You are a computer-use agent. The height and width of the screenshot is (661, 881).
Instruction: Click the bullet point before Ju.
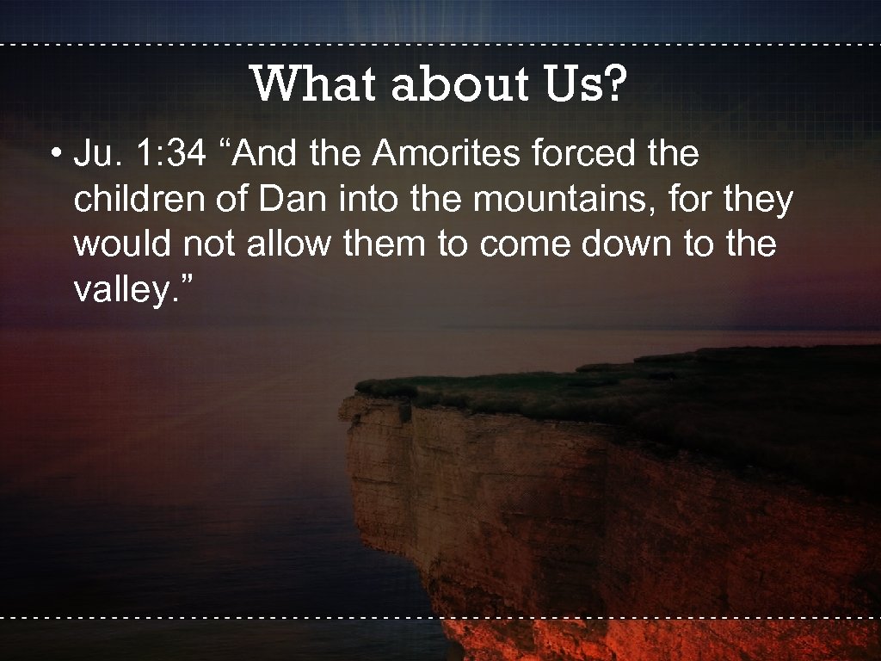point(55,156)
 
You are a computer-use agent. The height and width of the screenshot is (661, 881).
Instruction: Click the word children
point(134,200)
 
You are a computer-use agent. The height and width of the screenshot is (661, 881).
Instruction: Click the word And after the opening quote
point(264,155)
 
